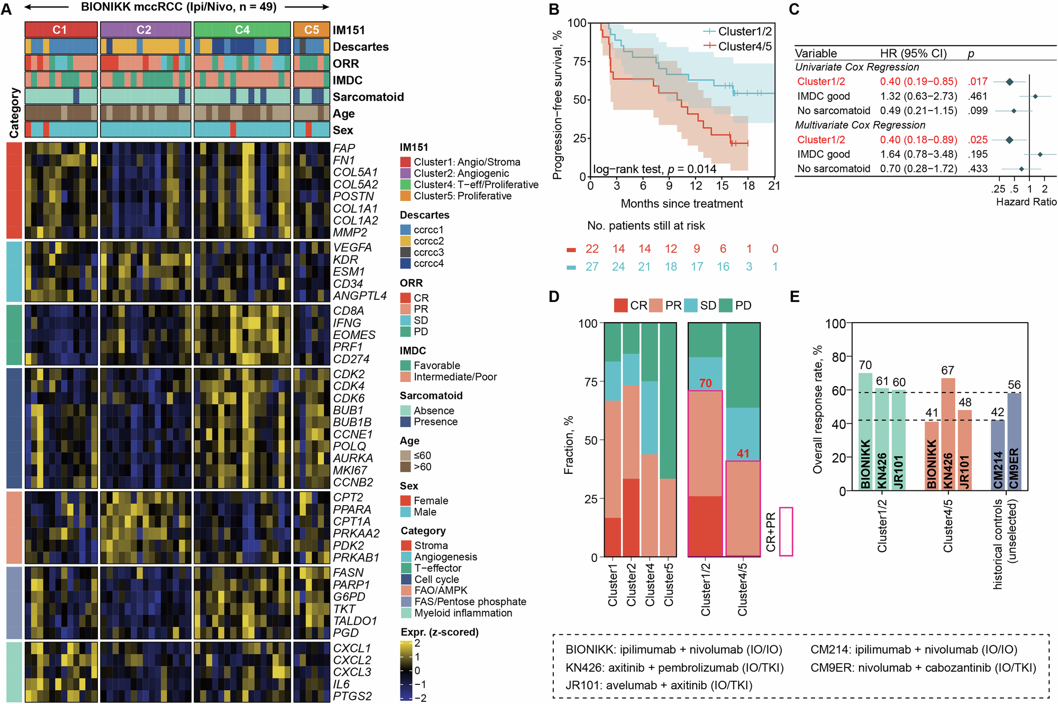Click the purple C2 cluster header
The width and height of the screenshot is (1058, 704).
tap(145, 30)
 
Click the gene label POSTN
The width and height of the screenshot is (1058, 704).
tap(353, 196)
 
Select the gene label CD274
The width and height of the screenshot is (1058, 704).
tap(351, 359)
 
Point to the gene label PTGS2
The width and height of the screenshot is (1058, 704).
tap(352, 696)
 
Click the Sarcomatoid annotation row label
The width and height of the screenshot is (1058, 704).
tap(368, 97)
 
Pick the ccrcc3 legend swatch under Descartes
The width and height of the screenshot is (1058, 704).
tap(406, 252)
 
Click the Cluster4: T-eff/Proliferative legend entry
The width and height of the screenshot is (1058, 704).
tap(476, 185)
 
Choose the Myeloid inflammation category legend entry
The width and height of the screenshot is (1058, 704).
tap(463, 613)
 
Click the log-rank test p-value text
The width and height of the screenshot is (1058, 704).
tap(654, 169)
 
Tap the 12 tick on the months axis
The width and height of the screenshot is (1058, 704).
tap(696, 186)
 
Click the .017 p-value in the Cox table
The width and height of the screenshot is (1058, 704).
tap(978, 81)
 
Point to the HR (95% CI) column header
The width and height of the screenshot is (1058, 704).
tap(913, 53)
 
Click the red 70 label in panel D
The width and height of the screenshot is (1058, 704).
tap(705, 383)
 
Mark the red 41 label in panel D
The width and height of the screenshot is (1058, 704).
tap(743, 453)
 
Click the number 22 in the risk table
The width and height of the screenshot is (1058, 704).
tap(592, 249)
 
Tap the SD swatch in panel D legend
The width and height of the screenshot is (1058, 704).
tap(691, 306)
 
